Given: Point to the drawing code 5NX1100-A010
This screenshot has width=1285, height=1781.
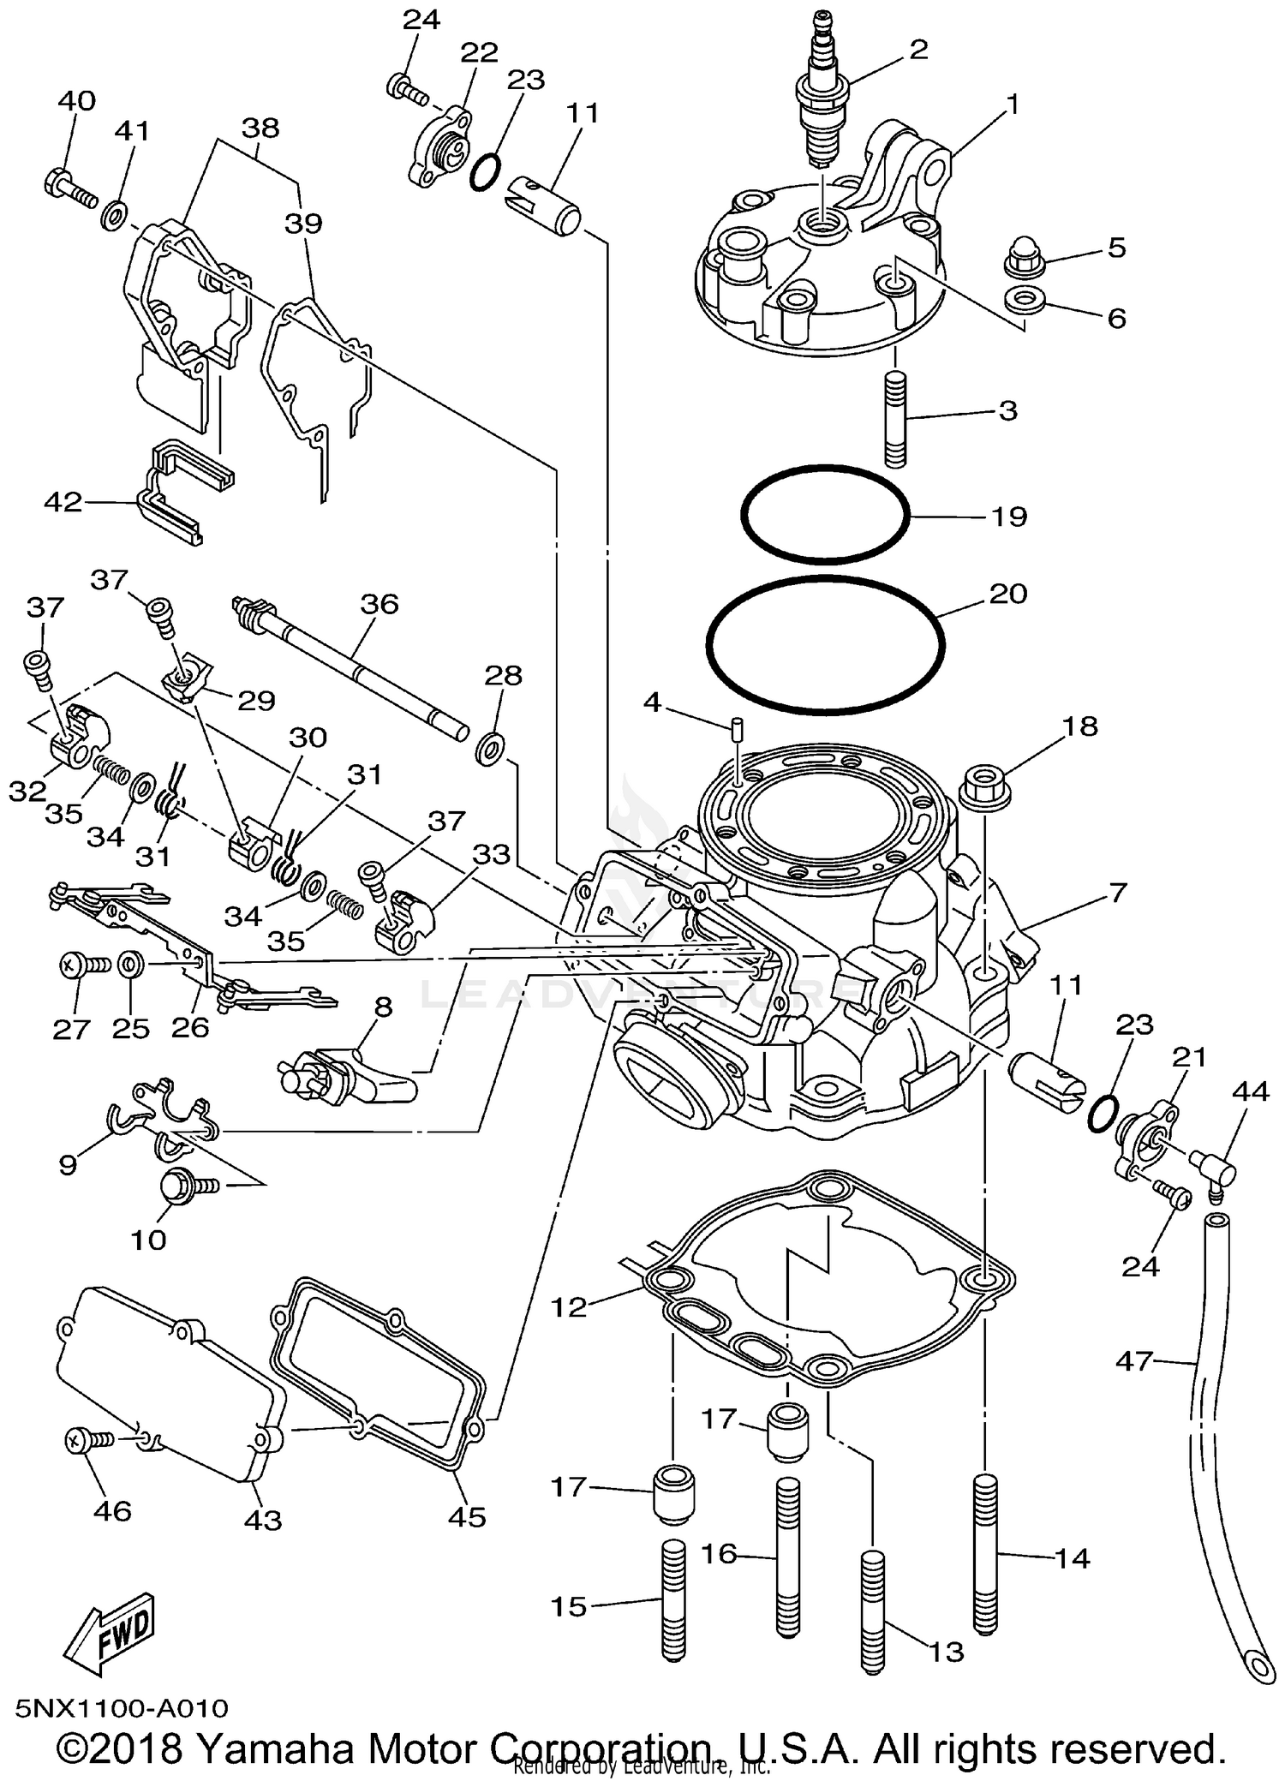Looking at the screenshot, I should [122, 1709].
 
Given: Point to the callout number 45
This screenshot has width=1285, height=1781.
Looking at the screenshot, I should [467, 1517].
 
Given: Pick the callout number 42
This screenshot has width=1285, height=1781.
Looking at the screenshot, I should [63, 502].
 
